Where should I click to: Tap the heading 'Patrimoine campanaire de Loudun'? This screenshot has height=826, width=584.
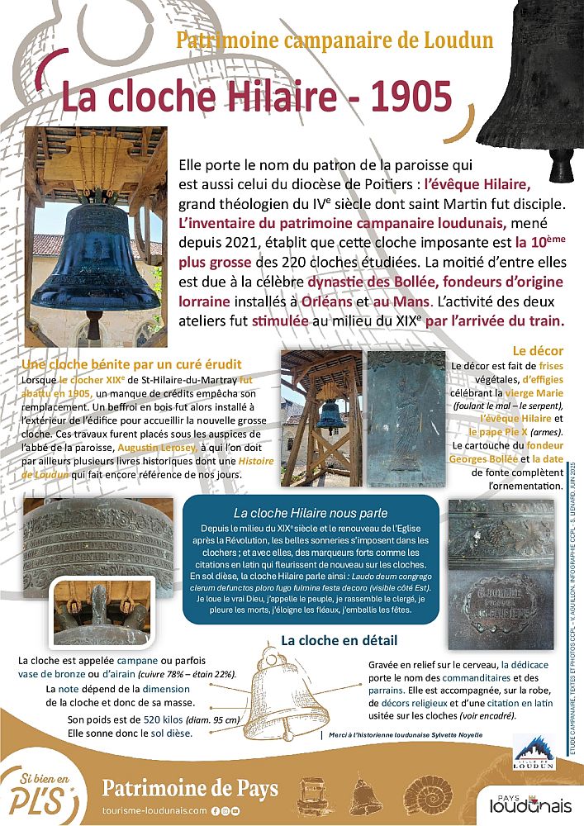(335, 40)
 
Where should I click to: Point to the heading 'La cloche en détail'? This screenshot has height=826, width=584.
(339, 640)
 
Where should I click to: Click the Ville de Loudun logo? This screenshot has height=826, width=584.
(529, 752)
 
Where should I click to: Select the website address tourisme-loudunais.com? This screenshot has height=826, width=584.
(154, 811)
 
